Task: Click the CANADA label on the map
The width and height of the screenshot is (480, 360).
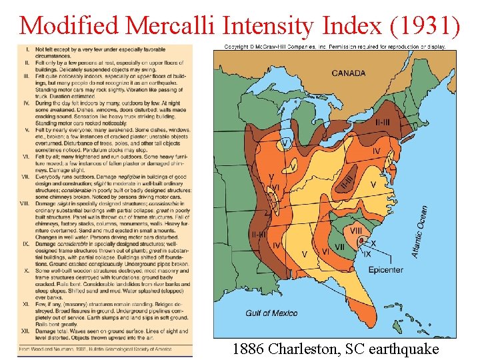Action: [348, 73]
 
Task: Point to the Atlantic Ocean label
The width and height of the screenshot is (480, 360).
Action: [420, 231]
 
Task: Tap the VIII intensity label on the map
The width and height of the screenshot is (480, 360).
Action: [356, 231]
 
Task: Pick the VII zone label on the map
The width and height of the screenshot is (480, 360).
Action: [339, 247]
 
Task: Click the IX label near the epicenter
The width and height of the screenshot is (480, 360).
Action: [367, 253]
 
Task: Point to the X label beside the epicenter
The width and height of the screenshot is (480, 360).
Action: [373, 243]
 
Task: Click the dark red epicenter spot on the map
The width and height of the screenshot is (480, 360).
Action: [365, 244]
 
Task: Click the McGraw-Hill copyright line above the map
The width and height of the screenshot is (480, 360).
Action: [335, 47]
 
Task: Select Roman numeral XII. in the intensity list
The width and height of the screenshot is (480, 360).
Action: [25, 331]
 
